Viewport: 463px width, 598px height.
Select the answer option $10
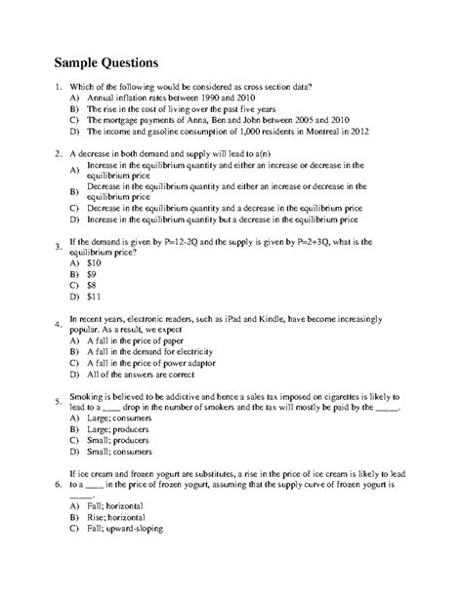pos(94,262)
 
